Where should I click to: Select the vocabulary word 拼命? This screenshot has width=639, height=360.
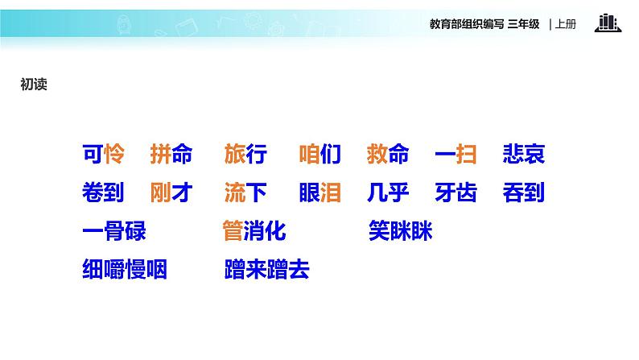[x=171, y=154]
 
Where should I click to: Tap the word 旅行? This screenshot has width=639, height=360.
[x=245, y=154]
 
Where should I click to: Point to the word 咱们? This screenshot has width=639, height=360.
[x=319, y=154]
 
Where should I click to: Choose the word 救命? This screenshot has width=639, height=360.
[x=387, y=154]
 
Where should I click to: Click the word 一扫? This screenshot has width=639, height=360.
[x=455, y=154]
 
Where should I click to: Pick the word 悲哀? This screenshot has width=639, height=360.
[x=523, y=154]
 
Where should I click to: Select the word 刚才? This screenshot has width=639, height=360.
[x=171, y=193]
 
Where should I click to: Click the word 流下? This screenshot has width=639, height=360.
[x=245, y=193]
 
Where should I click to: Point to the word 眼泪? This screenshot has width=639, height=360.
[x=319, y=193]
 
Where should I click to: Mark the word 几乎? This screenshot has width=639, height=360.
[x=387, y=193]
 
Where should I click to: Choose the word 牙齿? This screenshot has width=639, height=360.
[x=455, y=193]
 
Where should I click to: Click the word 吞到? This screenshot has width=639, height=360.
[x=523, y=193]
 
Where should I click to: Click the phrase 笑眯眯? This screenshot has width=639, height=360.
[x=400, y=232]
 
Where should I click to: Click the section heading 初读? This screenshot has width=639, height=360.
[x=33, y=84]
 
